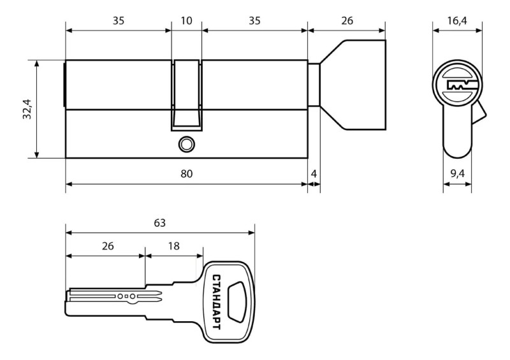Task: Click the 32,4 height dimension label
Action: pos(27,109)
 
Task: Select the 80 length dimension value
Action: pos(186,174)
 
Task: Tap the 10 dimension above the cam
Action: pos(186,21)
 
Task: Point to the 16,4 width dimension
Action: pos(457,21)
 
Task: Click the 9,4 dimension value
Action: pos(457,174)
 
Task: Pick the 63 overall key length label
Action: pos(160,223)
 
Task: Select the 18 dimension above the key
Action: pos(173,246)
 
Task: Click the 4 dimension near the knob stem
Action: pos(314,174)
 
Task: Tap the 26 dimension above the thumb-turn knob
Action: pos(347,21)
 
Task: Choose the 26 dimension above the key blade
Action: pos(108,246)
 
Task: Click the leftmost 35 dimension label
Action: pos(119,21)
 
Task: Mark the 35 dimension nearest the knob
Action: pos(254,21)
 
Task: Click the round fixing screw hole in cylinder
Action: pos(186,144)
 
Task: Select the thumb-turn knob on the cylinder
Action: pos(353,85)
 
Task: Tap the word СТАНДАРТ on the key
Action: pos(216,302)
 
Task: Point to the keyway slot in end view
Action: pos(462,85)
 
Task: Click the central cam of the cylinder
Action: pos(186,96)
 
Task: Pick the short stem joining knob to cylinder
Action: pos(314,85)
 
